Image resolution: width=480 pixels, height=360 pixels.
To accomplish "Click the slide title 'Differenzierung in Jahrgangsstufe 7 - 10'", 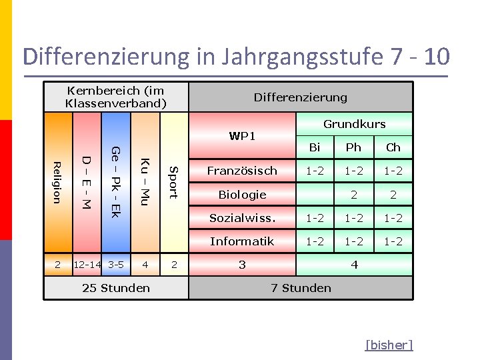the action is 236,57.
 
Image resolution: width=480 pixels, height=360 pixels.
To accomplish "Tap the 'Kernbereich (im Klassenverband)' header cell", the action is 116,97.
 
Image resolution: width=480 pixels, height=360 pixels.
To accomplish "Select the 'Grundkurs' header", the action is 354,123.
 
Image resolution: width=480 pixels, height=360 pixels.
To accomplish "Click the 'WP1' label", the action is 242,136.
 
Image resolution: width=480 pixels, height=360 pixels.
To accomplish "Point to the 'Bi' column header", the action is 315,147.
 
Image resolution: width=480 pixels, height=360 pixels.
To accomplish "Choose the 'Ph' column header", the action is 353,147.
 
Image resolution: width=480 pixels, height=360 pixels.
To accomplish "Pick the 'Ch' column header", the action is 393,147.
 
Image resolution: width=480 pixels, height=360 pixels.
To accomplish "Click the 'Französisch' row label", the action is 242,171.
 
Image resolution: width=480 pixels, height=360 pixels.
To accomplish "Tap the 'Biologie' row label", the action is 242,195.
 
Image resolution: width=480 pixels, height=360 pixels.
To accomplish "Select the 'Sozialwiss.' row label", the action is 242,218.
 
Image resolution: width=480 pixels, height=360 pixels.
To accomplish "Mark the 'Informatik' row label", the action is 242,241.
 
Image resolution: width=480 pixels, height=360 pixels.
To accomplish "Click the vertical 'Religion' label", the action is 57,182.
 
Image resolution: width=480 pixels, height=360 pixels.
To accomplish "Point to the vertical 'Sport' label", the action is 173,182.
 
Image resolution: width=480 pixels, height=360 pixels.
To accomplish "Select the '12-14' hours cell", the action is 87,265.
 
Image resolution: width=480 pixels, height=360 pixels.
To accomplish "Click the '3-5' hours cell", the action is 116,265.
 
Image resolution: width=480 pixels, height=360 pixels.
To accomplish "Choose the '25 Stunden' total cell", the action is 116,288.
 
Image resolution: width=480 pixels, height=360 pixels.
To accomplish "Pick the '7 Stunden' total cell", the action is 301,288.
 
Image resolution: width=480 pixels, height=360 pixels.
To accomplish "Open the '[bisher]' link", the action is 389,345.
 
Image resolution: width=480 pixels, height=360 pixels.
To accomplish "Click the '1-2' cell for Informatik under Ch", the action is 393,241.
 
